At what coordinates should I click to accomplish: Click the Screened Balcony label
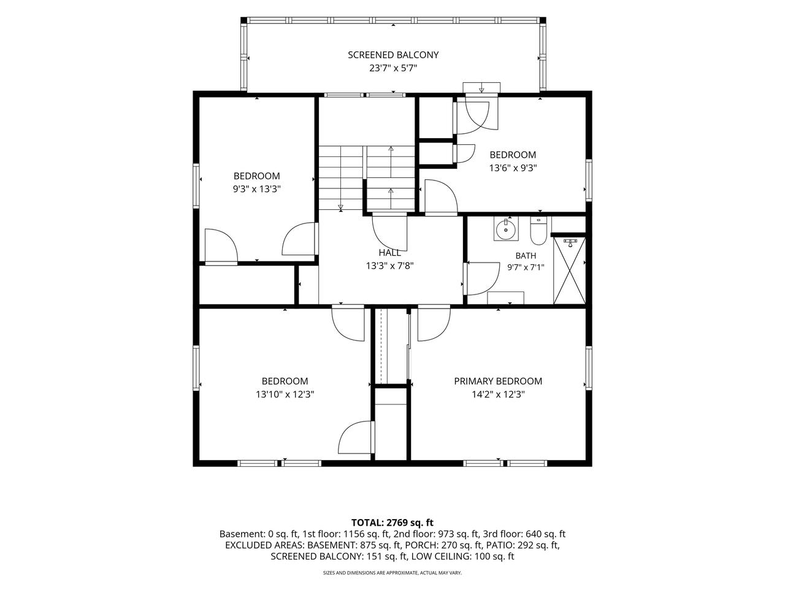(393, 55)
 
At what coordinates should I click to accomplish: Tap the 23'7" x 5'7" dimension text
(393, 68)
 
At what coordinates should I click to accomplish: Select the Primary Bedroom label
(498, 381)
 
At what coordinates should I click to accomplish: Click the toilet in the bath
(538, 231)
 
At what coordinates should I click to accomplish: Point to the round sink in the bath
(506, 228)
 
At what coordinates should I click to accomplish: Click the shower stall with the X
(569, 271)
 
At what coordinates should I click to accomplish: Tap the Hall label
(389, 253)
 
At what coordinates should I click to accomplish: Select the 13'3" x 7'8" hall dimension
(389, 266)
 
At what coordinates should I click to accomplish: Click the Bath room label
(526, 256)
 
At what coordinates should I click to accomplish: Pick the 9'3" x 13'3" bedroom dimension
(256, 189)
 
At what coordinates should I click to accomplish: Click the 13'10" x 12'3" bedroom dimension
(285, 395)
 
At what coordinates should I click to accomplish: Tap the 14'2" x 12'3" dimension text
(498, 395)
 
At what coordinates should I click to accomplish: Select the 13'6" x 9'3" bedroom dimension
(513, 167)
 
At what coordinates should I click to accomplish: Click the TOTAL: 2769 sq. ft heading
(392, 523)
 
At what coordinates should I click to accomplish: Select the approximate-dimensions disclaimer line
(392, 573)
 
